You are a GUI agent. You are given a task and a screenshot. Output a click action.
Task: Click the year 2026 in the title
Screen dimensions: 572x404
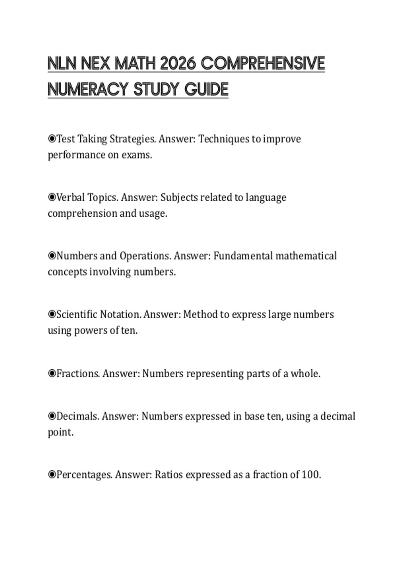pos(177,64)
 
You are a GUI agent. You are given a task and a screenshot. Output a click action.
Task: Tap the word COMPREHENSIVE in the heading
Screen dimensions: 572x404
pos(263,64)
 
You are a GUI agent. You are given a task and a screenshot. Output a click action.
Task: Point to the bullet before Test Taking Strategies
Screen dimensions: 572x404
pos(52,139)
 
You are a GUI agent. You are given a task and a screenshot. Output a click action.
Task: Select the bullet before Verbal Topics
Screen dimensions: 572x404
pos(52,197)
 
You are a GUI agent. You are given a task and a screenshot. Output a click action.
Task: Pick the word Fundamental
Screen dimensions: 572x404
pos(243,256)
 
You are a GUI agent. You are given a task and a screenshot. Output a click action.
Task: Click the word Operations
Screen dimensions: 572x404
pos(145,256)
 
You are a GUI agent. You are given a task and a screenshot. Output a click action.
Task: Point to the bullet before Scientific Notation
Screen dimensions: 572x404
pos(52,314)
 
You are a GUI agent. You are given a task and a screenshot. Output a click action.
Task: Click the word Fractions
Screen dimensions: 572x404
pos(78,373)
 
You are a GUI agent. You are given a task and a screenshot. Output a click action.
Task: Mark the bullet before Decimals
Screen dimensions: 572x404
pos(52,416)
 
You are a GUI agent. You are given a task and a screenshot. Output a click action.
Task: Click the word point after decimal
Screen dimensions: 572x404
pos(60,432)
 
